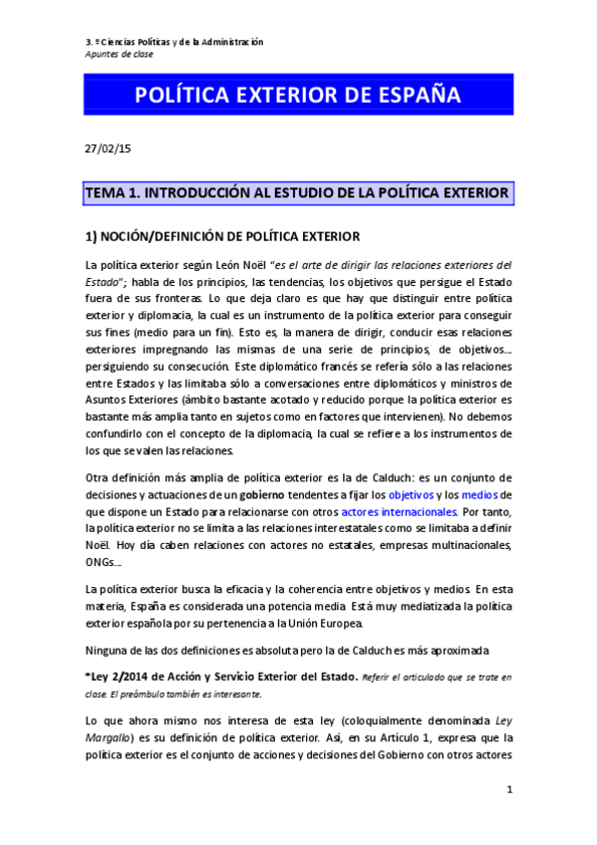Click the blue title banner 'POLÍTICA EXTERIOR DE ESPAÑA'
297,96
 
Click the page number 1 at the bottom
508,790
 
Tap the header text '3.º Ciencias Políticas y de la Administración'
174,42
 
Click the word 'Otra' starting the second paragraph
98,477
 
